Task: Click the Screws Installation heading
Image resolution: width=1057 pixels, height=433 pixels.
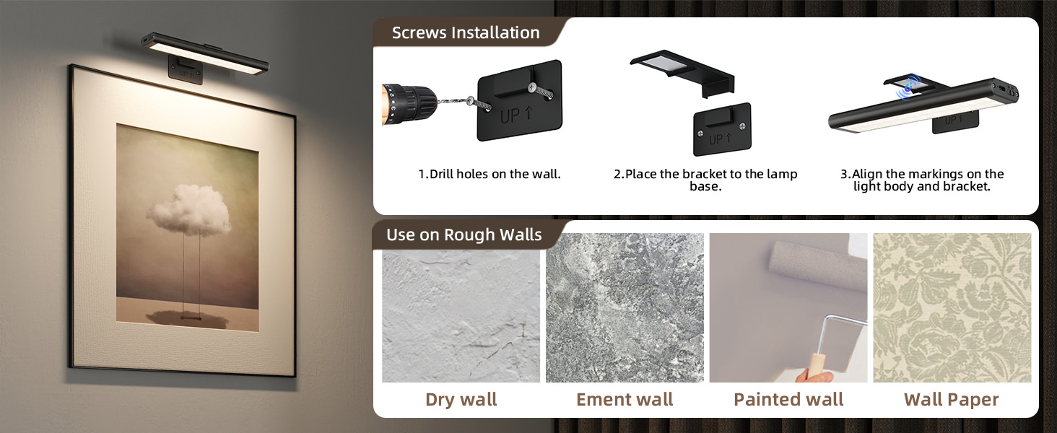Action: point(466,33)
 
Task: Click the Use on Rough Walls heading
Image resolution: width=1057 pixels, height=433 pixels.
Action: point(464,235)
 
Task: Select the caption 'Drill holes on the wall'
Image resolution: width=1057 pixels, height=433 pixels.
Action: point(490,174)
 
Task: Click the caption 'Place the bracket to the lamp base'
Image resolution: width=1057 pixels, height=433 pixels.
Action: point(705,180)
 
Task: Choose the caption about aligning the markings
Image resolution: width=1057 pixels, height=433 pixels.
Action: point(921,180)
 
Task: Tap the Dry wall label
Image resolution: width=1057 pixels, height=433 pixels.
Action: point(461,400)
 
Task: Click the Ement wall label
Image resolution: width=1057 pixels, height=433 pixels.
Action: point(625,400)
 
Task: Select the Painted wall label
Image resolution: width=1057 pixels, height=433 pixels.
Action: point(788,400)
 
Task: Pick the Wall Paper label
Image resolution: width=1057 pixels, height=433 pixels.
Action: point(952,400)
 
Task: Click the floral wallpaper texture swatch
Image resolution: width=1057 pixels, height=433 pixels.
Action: point(952,307)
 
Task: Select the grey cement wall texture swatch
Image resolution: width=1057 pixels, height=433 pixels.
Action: point(625,307)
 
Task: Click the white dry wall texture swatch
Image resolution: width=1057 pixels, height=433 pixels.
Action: point(461,307)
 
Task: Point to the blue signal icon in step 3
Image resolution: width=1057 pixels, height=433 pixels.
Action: point(907,86)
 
